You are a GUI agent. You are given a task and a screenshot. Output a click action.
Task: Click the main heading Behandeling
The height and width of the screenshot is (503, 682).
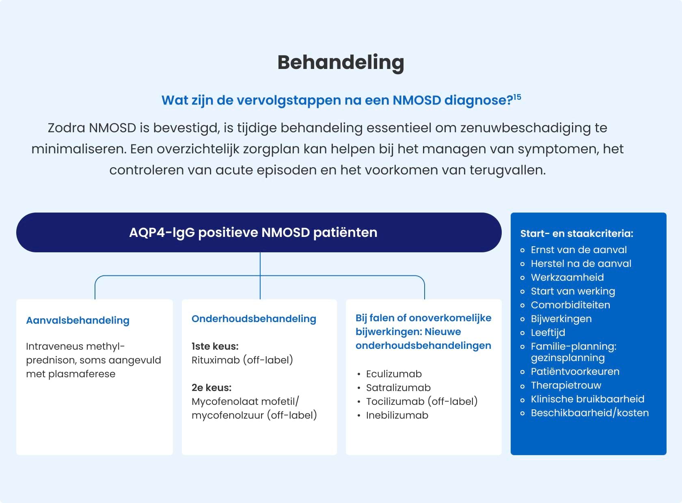pyautogui.click(x=341, y=62)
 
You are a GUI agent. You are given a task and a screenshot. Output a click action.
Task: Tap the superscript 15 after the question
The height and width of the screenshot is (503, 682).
pyautogui.click(x=517, y=97)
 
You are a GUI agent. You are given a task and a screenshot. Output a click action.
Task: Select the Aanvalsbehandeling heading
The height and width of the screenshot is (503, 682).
pyautogui.click(x=78, y=320)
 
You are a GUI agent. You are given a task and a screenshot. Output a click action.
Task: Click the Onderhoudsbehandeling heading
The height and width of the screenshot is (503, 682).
pyautogui.click(x=254, y=319)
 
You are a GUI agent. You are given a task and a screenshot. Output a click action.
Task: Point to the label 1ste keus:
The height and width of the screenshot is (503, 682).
pyautogui.click(x=215, y=346)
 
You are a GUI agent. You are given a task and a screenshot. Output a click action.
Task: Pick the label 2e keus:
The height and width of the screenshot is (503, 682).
pyautogui.click(x=212, y=388)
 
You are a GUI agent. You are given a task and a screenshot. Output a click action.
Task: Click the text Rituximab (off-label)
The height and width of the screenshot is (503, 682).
pyautogui.click(x=242, y=360)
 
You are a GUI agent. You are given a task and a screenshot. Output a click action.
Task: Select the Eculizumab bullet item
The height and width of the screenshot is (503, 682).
pyautogui.click(x=394, y=374)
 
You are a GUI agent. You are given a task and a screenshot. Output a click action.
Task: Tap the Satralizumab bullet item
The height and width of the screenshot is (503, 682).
pyautogui.click(x=398, y=388)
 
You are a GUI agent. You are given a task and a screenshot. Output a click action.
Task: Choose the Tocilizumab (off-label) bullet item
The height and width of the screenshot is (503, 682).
pyautogui.click(x=422, y=402)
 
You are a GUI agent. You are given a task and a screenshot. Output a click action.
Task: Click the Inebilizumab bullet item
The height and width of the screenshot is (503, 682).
pyautogui.click(x=397, y=415)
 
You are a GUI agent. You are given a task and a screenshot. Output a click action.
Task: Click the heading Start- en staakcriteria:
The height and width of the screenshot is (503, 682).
pyautogui.click(x=576, y=234)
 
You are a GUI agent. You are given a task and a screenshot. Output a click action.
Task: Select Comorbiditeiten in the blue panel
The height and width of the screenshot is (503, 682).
pyautogui.click(x=570, y=305)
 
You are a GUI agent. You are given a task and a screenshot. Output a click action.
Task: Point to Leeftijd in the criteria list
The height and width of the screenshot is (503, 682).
pyautogui.click(x=548, y=333)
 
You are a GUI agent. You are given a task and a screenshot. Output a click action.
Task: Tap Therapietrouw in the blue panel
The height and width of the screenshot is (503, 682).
pyautogui.click(x=566, y=385)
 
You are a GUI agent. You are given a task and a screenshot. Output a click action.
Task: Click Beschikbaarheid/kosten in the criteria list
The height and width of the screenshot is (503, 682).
pyautogui.click(x=589, y=413)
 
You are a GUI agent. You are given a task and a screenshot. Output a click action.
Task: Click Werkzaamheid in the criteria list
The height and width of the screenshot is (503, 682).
pyautogui.click(x=567, y=277)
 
